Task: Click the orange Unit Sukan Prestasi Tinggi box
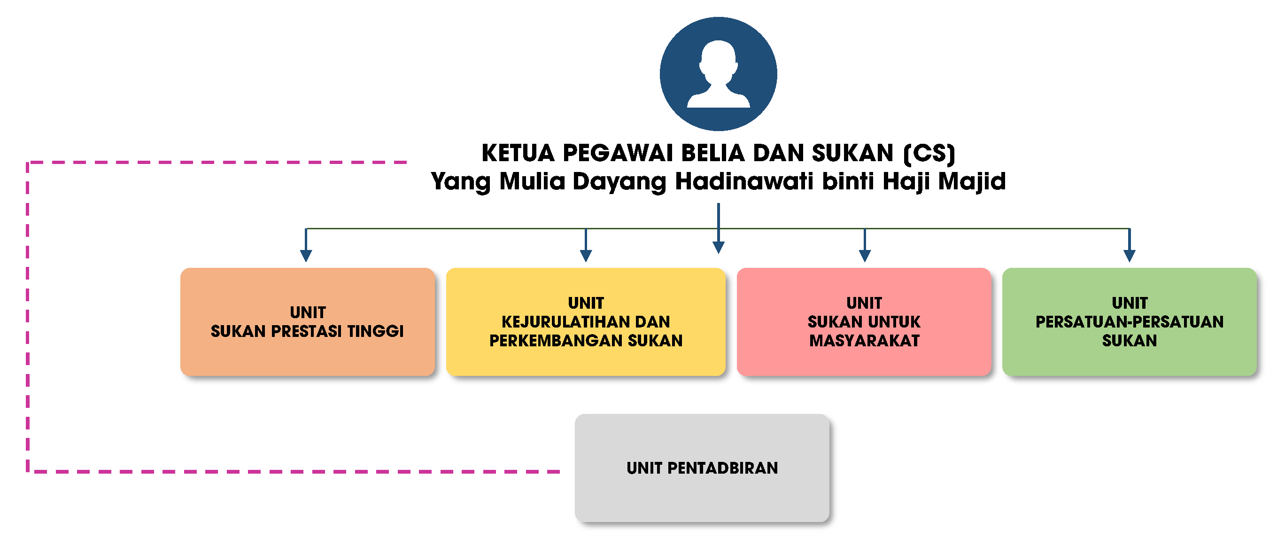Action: coord(307,322)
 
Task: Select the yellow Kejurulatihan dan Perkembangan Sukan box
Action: coord(586,322)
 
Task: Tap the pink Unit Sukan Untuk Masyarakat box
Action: coord(864,322)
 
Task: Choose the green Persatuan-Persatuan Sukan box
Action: coord(1130,322)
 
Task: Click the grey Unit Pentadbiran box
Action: coord(702,468)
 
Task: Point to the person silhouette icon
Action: coord(718,74)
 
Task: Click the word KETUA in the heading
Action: coord(519,153)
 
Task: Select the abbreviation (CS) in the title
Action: coord(929,153)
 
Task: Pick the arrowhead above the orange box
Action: coord(306,256)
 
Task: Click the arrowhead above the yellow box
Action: coord(586,256)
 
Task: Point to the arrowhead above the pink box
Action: coord(865,256)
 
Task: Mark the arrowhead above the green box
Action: coord(1130,256)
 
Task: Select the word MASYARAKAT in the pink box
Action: coord(864,340)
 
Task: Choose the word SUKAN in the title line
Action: coord(852,153)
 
